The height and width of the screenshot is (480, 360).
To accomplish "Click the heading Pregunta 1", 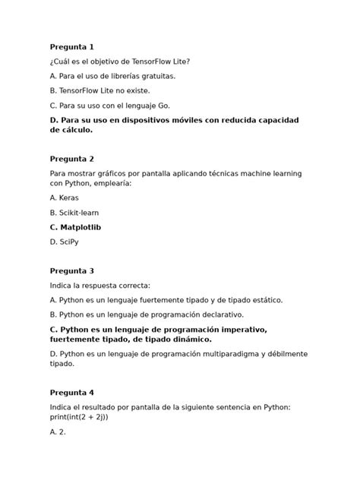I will point(71,47).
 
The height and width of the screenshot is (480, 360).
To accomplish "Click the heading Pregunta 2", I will point(71,159).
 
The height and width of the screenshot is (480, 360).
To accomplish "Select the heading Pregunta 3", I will point(71,270).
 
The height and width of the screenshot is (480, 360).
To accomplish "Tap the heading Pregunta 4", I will point(71,393).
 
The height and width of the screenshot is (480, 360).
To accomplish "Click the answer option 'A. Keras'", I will point(64,197).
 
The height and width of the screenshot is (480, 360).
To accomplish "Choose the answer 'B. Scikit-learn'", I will point(74,213).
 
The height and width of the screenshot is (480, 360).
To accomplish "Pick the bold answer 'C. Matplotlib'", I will point(76,227).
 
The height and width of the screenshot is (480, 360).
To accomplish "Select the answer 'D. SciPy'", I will point(64,242).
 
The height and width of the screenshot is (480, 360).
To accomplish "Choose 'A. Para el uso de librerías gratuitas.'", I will point(112,76).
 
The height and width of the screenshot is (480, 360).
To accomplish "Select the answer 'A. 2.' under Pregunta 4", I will point(58,431).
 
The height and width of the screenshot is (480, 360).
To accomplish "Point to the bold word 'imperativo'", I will point(244,329).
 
